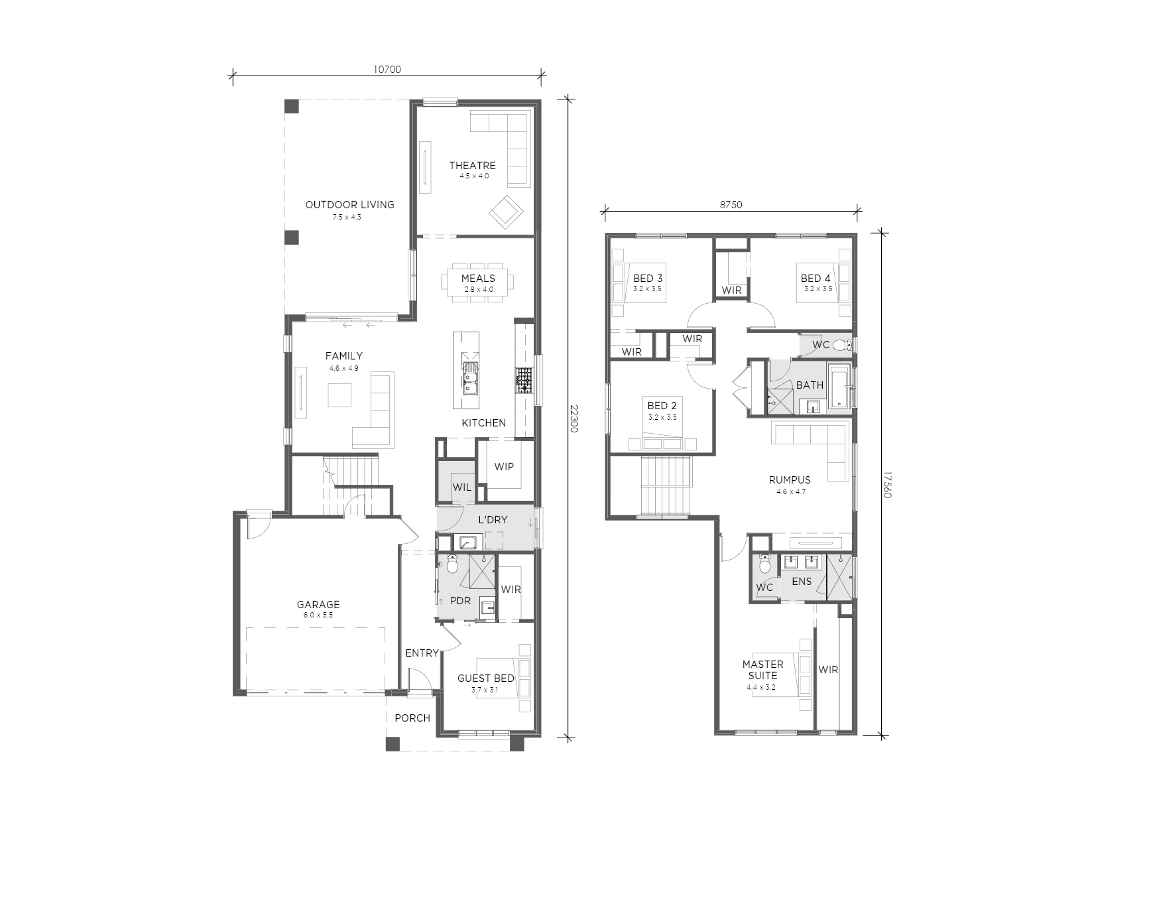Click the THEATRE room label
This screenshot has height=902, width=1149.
(472, 165)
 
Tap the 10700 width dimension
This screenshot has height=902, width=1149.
(387, 69)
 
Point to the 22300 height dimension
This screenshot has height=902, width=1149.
(575, 419)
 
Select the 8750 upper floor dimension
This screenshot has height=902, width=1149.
(731, 205)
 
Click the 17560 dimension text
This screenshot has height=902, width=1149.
(887, 485)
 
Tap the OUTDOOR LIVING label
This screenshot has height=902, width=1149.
(349, 204)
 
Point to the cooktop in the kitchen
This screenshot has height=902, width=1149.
(524, 381)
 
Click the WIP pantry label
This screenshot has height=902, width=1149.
(504, 466)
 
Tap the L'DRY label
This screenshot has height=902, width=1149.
(493, 519)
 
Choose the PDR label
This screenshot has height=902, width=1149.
(460, 601)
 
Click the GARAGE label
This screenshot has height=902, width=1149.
(318, 604)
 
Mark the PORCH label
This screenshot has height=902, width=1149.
(412, 718)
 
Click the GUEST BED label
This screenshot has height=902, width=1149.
(486, 678)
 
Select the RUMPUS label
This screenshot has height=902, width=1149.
(790, 480)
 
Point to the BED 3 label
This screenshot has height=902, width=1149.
(648, 278)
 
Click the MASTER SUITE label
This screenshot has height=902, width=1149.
(762, 670)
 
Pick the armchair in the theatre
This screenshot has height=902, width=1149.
(507, 212)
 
